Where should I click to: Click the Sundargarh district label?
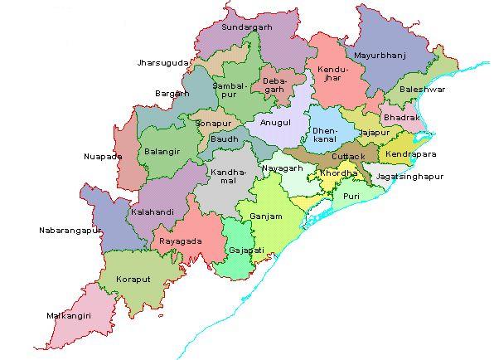coord(249,27)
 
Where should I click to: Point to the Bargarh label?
coord(172,95)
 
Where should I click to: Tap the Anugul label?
coord(275,122)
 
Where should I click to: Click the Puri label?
coord(352,197)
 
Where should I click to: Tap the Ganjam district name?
coord(266,216)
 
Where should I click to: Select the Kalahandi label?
coord(153,212)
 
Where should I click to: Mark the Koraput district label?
coord(133,279)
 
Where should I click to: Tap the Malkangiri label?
coord(74,315)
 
